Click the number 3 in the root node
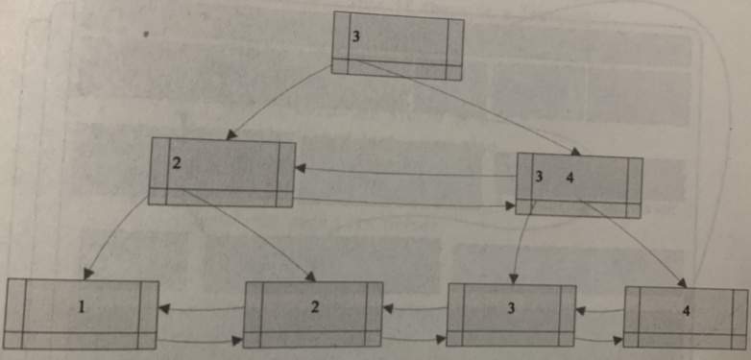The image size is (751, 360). pyautogui.click(x=355, y=36)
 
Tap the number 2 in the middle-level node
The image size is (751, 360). pyautogui.click(x=176, y=162)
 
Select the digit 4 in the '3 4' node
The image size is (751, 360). pyautogui.click(x=569, y=177)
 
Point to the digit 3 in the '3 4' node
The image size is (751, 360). pyautogui.click(x=540, y=177)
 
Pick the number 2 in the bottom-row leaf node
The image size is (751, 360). pyautogui.click(x=314, y=306)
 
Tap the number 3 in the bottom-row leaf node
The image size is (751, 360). pyautogui.click(x=511, y=307)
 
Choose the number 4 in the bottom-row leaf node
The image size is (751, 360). pyautogui.click(x=685, y=311)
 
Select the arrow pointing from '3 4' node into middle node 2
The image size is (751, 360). pyautogui.click(x=403, y=172)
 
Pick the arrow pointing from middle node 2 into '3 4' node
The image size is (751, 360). pyautogui.click(x=403, y=203)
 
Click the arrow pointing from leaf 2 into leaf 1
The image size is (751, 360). pyautogui.click(x=201, y=309)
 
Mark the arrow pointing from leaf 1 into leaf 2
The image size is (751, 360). pyautogui.click(x=201, y=340)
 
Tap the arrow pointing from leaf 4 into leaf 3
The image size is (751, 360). pyautogui.click(x=599, y=310)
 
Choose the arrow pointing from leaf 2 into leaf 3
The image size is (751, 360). pyautogui.click(x=415, y=340)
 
